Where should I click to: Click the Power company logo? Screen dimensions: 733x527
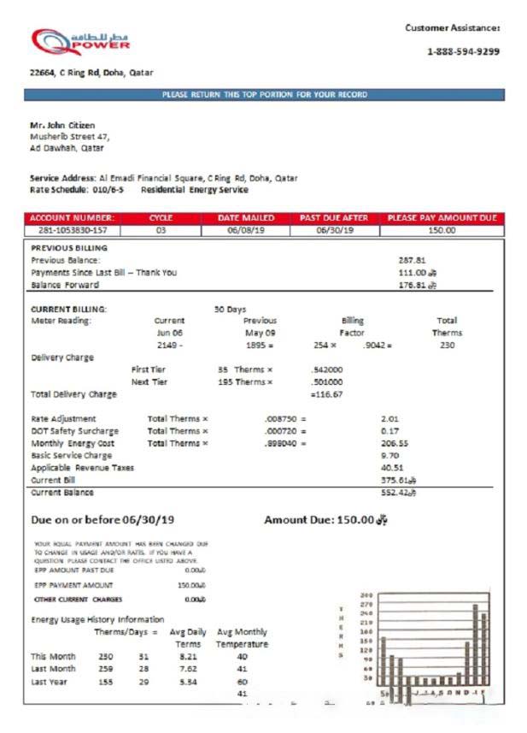(80, 40)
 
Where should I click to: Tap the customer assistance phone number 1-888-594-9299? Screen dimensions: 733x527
(463, 51)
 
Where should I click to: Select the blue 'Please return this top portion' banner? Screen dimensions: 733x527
(264, 94)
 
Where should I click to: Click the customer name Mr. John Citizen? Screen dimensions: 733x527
(62, 126)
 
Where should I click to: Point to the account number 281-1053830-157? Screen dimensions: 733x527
(72, 230)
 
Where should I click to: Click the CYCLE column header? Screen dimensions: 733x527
(161, 218)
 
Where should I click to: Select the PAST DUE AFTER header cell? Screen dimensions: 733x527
(334, 218)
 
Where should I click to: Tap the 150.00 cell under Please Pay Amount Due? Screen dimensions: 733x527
(441, 230)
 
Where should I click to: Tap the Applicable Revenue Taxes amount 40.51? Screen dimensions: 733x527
(393, 468)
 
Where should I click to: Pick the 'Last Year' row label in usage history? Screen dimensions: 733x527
(49, 682)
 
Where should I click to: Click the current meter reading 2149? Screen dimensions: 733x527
(170, 345)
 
